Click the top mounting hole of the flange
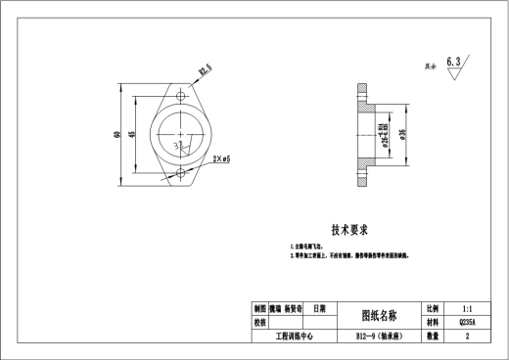pos(182,97)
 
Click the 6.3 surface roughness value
pos(453,61)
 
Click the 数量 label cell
pos(432,335)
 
